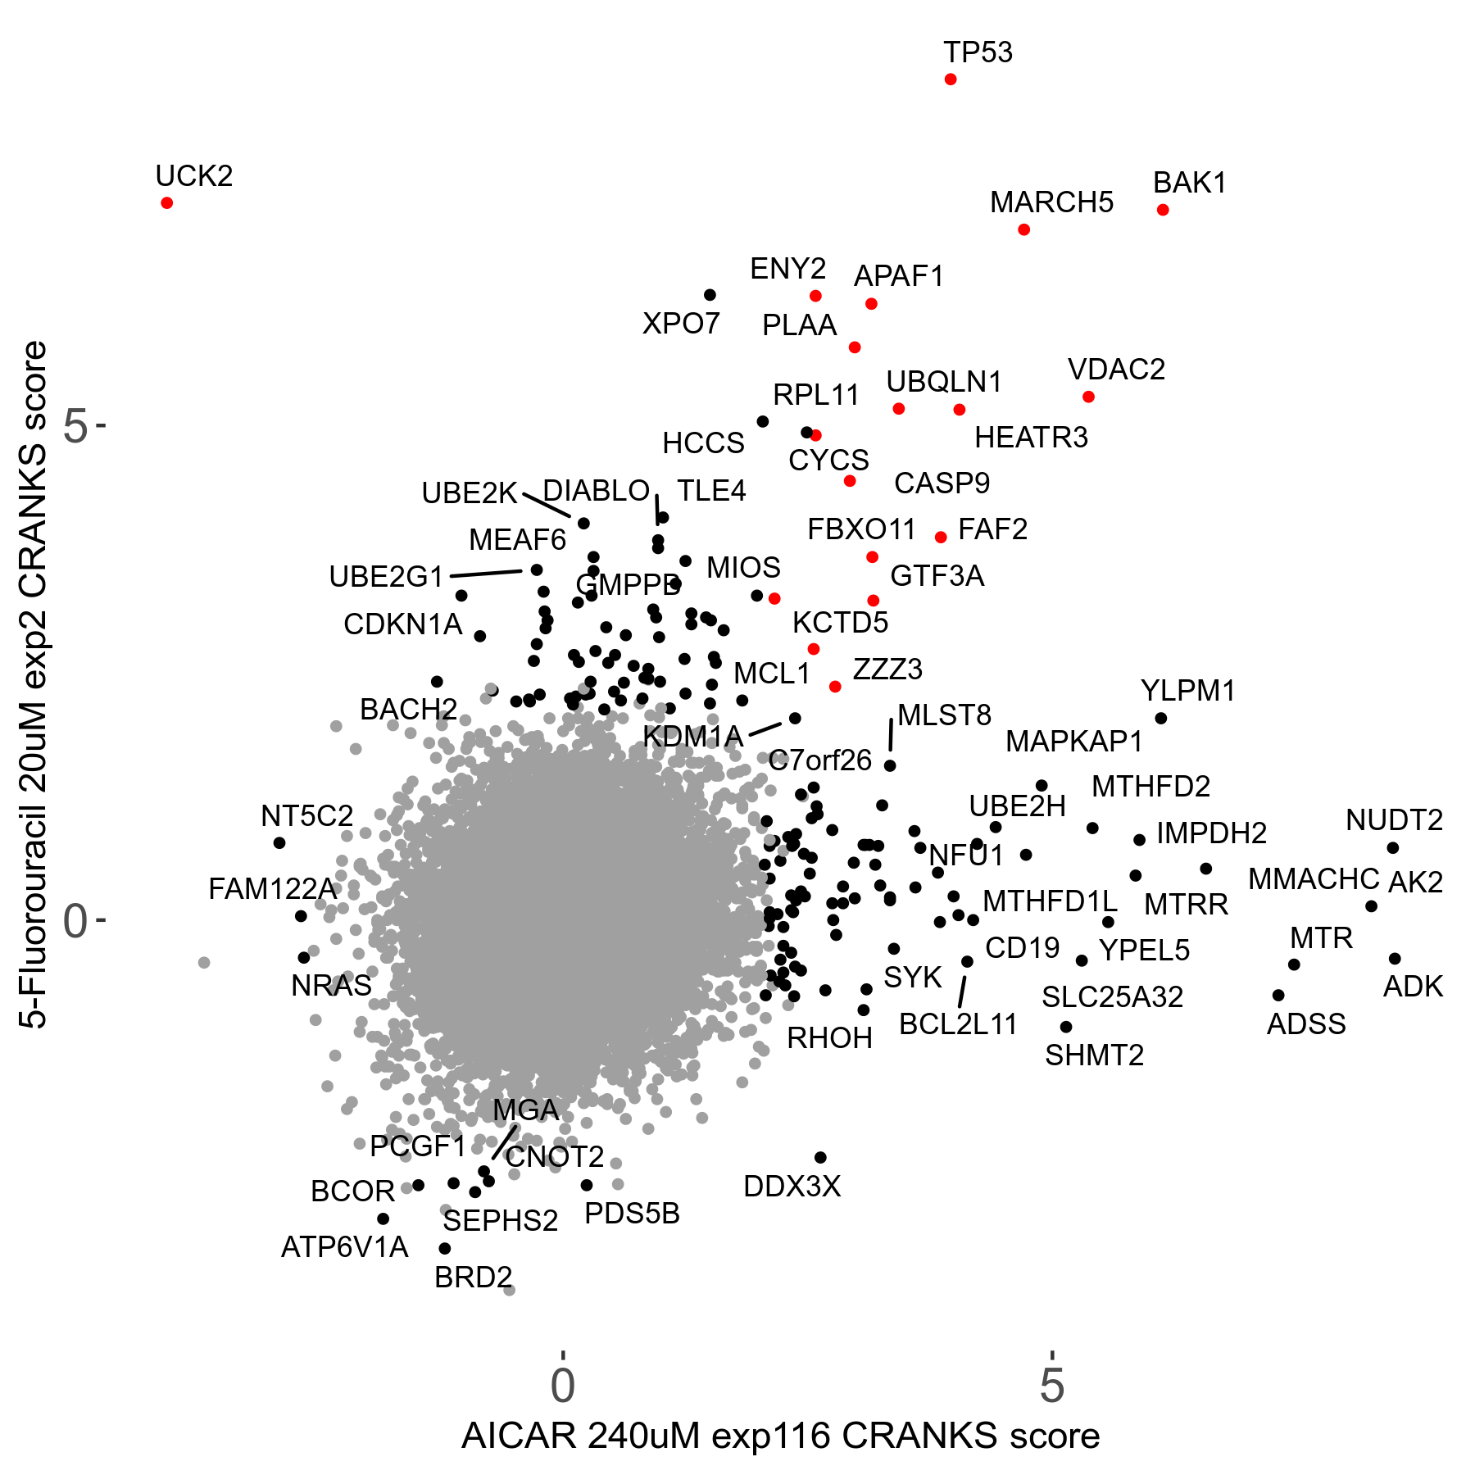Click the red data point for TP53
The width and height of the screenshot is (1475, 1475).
[951, 79]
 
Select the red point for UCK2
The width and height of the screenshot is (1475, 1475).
[167, 202]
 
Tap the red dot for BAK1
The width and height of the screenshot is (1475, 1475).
[1163, 210]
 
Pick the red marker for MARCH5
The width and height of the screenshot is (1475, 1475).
[1024, 229]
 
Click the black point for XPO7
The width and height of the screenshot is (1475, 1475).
[710, 295]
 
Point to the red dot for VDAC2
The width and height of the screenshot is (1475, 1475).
[1088, 397]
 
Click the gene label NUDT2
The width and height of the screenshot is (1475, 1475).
[1394, 819]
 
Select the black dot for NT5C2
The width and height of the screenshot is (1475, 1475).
[279, 842]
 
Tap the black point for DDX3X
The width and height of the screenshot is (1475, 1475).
[820, 1157]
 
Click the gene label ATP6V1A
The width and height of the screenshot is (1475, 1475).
[344, 1247]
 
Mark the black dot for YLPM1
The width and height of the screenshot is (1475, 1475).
[1161, 719]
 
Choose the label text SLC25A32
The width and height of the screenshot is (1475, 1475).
[1112, 997]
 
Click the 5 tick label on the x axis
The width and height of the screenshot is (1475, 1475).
[1051, 1386]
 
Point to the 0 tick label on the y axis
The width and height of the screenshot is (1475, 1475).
[75, 921]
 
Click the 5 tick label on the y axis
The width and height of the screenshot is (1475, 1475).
[75, 426]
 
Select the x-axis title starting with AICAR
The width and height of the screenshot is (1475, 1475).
[780, 1436]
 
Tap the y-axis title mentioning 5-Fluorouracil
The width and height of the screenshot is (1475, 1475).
[35, 685]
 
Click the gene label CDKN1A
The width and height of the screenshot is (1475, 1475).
[402, 624]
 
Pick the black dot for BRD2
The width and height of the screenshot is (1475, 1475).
[445, 1249]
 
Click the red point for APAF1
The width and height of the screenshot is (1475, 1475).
[871, 304]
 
